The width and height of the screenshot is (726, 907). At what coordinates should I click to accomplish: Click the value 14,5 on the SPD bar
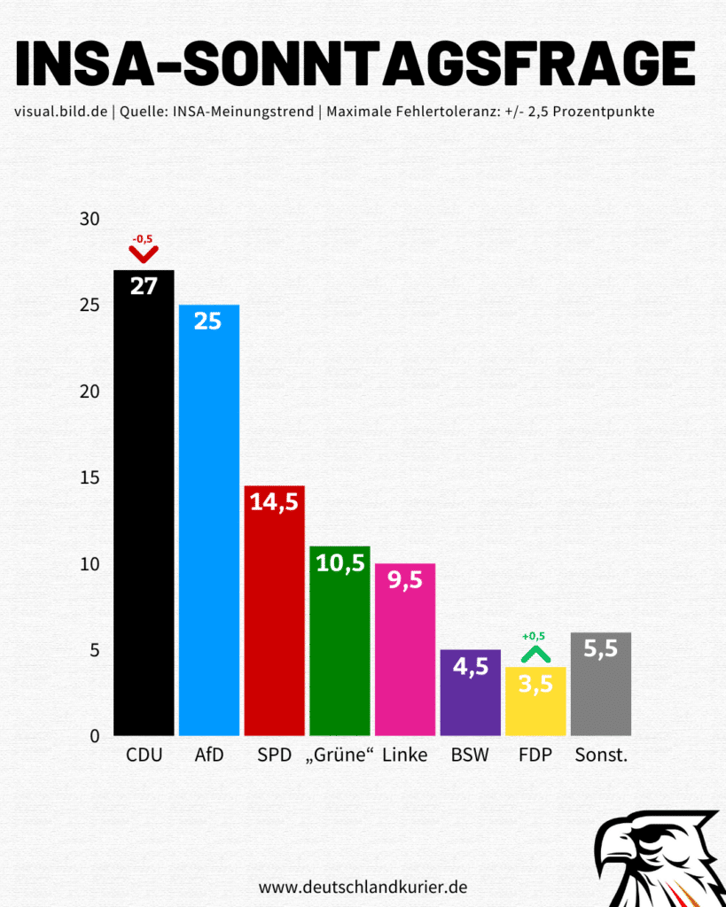pos(274,502)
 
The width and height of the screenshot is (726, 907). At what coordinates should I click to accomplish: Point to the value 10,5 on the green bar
pos(340,562)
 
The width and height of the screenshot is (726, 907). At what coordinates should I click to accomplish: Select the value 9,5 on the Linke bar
pos(404,580)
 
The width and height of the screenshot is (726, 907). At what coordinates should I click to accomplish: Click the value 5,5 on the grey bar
pos(600,648)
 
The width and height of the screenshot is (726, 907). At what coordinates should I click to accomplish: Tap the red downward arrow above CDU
pos(143,254)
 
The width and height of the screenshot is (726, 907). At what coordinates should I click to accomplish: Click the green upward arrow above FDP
pos(535,655)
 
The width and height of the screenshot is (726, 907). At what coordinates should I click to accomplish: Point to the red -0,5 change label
pos(143,239)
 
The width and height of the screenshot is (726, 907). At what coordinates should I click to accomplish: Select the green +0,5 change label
pos(534,636)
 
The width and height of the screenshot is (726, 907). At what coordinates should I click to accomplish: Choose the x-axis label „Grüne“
pos(340,756)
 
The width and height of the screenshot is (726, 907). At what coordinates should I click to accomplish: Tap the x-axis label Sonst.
pos(601,756)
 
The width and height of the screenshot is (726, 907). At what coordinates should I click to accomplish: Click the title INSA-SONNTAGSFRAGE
pos(355,63)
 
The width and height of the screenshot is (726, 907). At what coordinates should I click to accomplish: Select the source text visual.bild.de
pos(60,112)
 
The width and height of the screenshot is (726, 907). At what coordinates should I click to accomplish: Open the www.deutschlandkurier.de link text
pos(363,887)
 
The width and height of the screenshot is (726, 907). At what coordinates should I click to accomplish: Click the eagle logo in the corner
pos(660,859)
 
